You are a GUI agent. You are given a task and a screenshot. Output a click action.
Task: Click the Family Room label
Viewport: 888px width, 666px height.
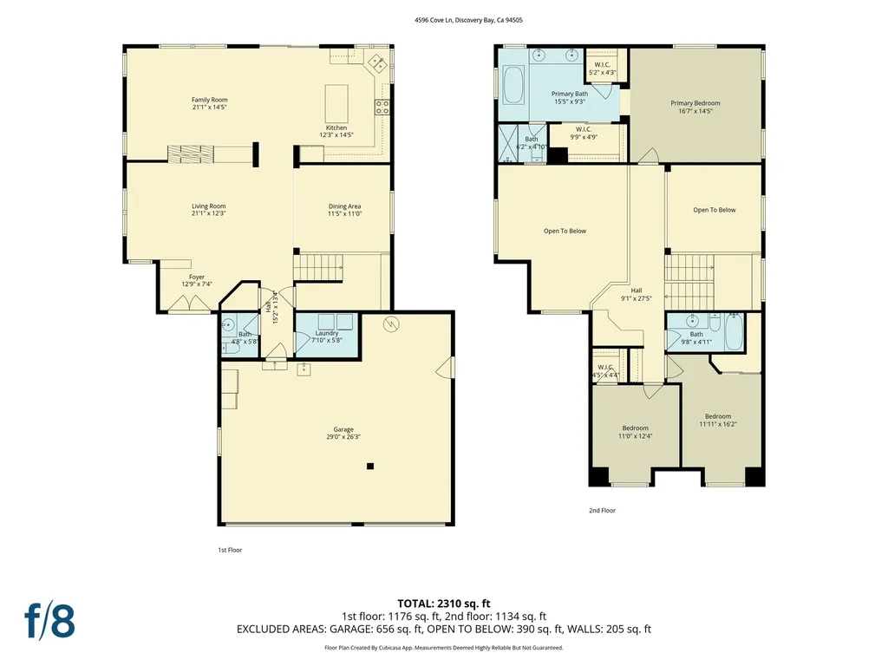(x=209, y=100)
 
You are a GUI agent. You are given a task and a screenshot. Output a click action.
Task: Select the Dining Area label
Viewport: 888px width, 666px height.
(x=344, y=206)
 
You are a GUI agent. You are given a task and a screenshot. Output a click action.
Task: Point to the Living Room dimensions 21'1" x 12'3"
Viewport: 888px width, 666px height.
(x=209, y=213)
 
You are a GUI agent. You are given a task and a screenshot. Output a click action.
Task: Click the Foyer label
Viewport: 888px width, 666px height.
(x=197, y=277)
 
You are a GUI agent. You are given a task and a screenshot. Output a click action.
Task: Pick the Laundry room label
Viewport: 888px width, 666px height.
(x=327, y=333)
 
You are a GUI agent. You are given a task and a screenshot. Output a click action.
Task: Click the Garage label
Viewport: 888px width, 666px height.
(x=343, y=429)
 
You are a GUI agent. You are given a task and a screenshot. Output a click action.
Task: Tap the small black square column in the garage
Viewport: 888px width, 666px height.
(x=370, y=467)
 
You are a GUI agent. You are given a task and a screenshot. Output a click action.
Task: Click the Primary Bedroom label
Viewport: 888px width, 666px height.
(x=695, y=103)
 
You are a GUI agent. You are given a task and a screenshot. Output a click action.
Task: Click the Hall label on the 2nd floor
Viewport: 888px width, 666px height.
(x=636, y=291)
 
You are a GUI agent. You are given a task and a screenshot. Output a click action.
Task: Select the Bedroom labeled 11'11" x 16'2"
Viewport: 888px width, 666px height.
(x=717, y=416)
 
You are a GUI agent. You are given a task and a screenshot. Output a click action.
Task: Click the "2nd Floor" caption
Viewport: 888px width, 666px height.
(x=602, y=511)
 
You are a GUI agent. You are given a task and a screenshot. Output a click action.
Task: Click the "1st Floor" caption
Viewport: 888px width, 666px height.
(x=229, y=550)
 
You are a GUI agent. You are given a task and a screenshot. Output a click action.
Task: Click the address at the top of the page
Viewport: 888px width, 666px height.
(x=443, y=19)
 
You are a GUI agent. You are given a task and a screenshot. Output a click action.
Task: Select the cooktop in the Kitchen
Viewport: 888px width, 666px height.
(x=381, y=108)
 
